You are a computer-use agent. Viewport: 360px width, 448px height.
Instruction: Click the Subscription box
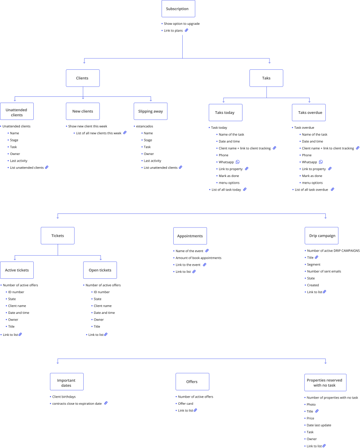point(177,9)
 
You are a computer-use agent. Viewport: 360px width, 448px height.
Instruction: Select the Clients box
point(82,78)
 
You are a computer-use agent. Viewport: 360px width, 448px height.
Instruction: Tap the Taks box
point(266,78)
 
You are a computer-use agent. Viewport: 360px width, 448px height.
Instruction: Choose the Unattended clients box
point(17,112)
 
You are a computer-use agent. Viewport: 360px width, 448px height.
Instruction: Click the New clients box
point(83,111)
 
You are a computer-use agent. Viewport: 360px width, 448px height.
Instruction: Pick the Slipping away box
point(150,111)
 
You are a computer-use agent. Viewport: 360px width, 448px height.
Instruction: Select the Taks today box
point(225,113)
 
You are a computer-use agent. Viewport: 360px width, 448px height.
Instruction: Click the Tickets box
point(58,235)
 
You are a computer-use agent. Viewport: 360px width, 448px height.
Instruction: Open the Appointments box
point(190,236)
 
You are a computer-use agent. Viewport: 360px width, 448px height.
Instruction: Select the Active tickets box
point(17,270)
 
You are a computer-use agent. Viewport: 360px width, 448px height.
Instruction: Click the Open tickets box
point(100,270)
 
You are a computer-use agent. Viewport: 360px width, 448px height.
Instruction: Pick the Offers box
point(192,382)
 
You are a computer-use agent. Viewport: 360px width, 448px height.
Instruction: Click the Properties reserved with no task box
point(324,383)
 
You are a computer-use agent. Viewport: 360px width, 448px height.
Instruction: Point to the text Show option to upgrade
point(181,23)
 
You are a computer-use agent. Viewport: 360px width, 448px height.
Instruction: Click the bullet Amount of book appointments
point(198,258)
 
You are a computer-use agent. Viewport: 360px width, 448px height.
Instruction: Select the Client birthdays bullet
point(64,397)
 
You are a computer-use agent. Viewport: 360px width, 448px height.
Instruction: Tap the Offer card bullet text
point(185,403)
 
